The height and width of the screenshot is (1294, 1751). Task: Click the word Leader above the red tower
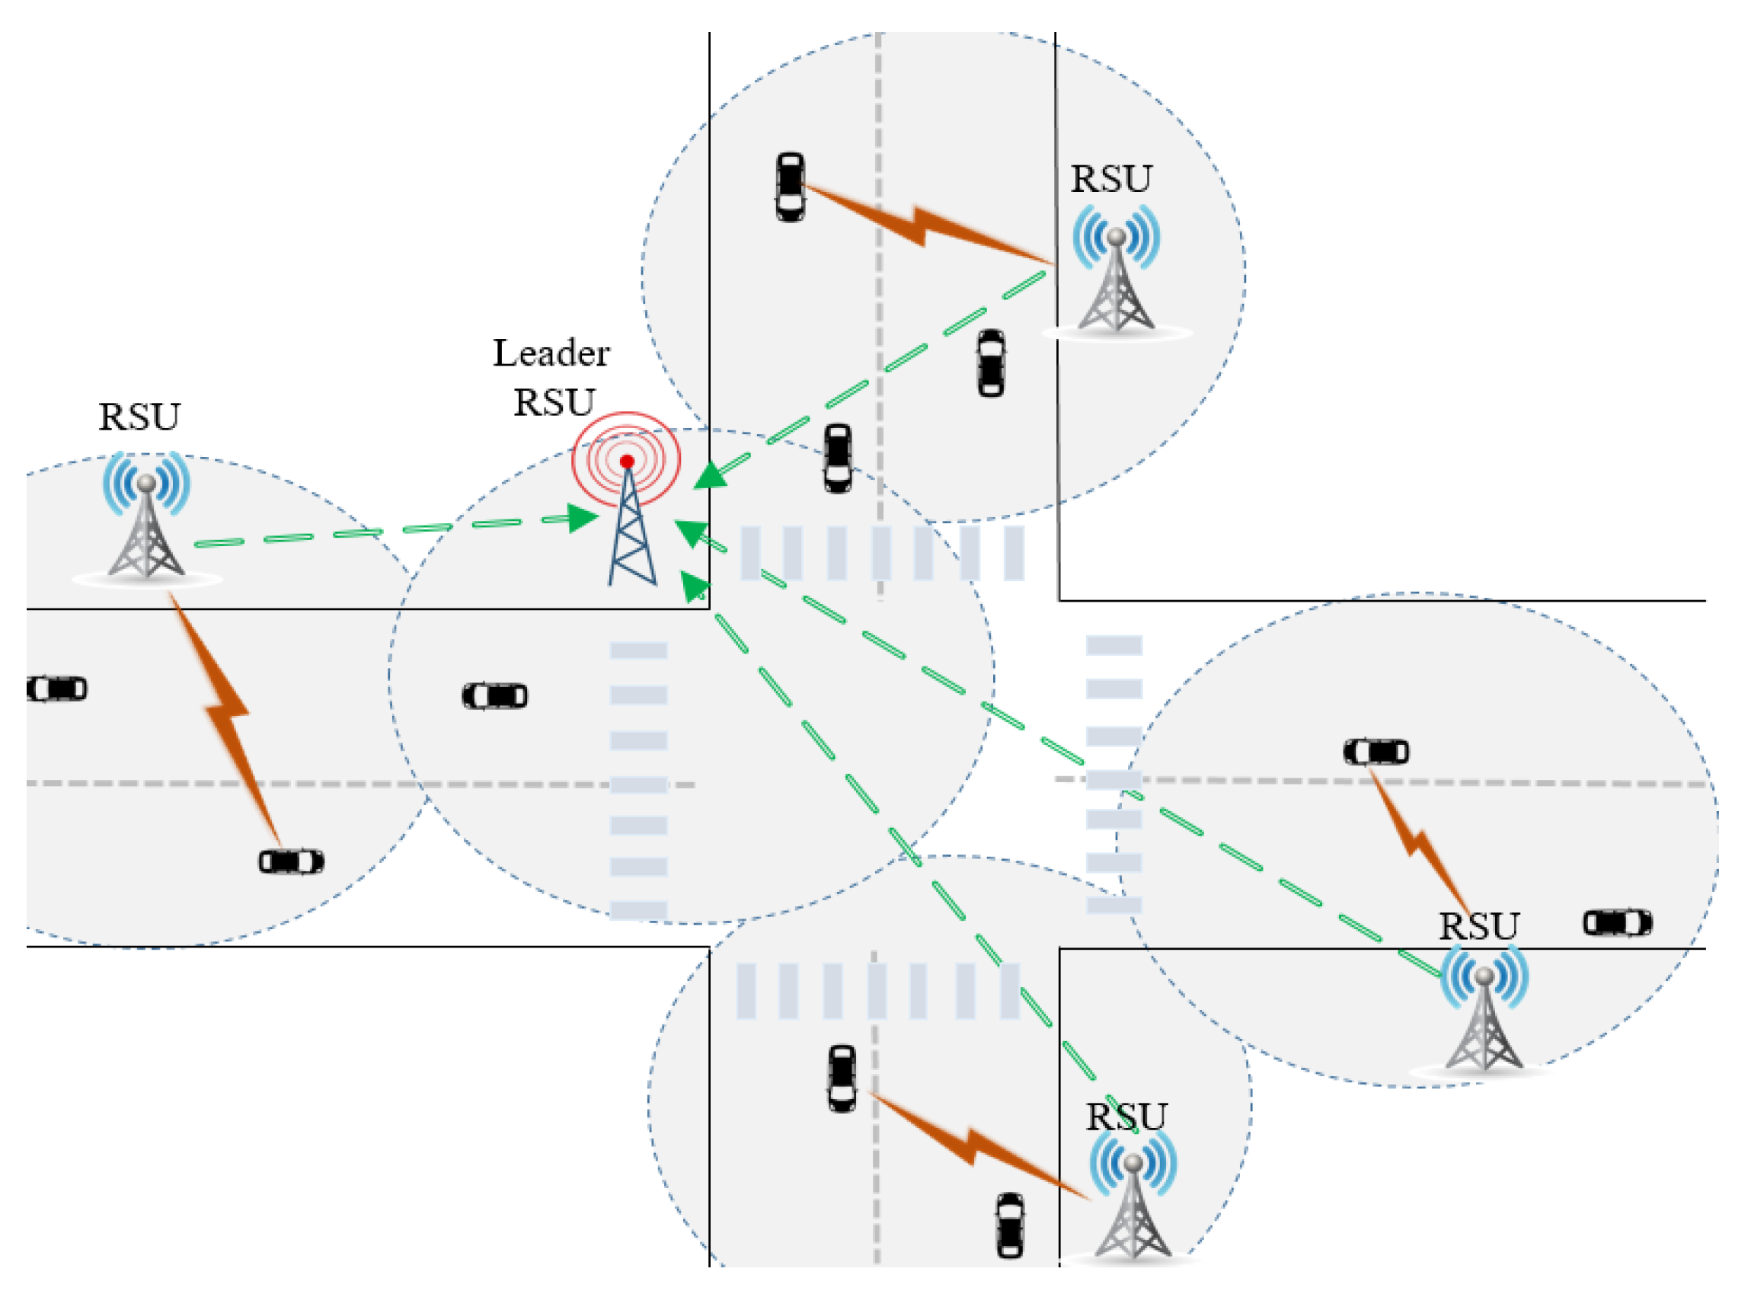pos(551,353)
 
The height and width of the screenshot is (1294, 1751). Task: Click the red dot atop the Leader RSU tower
pos(627,462)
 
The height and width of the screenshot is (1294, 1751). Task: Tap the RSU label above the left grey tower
pos(139,417)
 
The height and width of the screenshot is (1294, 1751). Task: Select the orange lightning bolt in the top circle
pos(924,223)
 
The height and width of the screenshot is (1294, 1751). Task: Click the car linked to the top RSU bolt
pos(789,187)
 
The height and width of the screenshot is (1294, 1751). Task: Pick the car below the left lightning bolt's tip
pos(291,861)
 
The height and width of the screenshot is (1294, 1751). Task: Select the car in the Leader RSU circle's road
pos(495,695)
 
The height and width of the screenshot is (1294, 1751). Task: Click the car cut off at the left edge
pos(56,689)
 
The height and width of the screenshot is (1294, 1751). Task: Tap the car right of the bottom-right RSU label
pos(1617,923)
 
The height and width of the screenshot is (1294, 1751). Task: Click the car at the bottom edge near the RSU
pos(1009,1226)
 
